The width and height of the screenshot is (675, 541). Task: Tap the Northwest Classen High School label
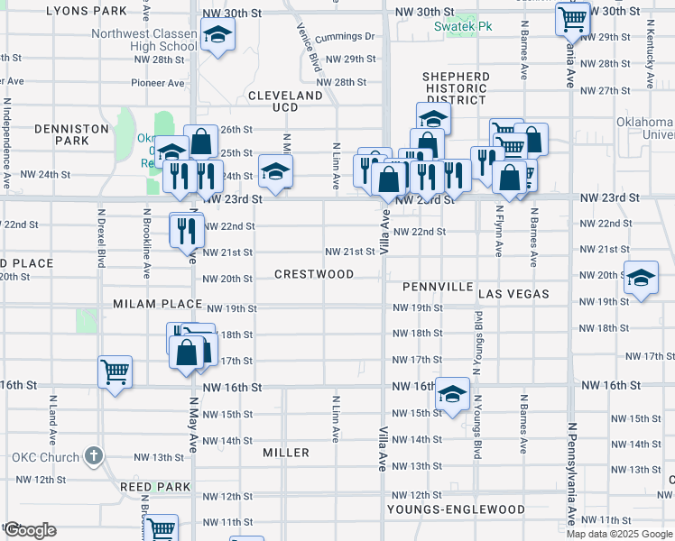coord(143,41)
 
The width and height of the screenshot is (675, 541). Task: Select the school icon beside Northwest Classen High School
coord(217,37)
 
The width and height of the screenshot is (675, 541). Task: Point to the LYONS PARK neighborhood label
coord(86,11)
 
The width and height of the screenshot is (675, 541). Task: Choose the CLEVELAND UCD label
coord(285,101)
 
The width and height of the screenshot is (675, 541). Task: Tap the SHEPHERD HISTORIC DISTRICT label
coord(455,88)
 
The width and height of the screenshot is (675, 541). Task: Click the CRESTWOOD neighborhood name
coord(314,274)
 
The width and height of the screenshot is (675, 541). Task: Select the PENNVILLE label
coord(438,287)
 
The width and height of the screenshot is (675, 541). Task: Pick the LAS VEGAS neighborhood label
coord(513,295)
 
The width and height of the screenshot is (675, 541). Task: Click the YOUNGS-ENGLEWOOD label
coord(456,509)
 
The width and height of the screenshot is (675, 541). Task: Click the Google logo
coord(30,530)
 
